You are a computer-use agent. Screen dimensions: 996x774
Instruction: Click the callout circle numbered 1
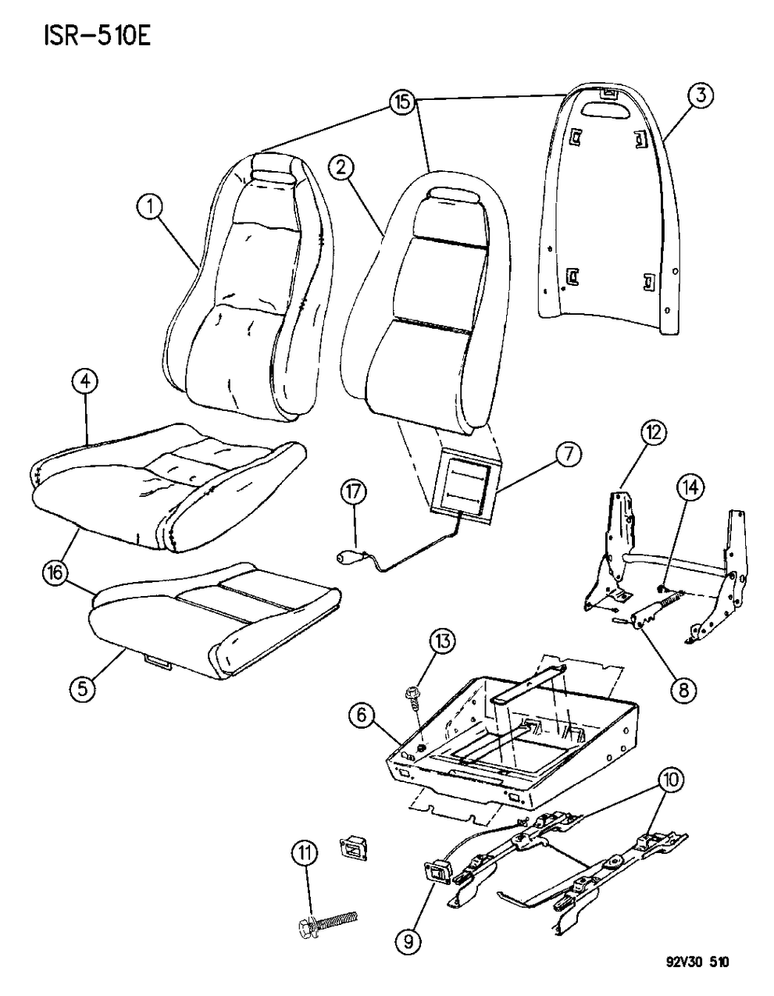click(x=150, y=207)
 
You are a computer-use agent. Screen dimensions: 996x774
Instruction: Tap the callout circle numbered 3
click(x=699, y=96)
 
